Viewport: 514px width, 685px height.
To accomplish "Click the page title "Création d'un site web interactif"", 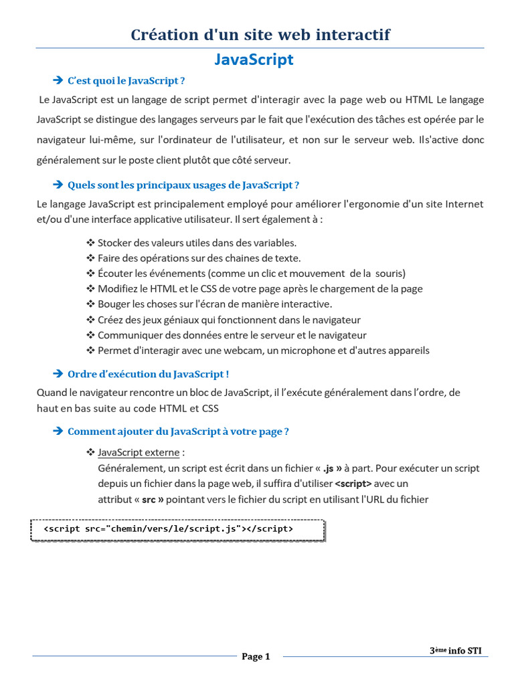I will click(260, 34).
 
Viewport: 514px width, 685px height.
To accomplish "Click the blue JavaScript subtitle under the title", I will click(254, 60).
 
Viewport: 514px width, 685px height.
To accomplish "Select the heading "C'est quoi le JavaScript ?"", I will click(126, 81).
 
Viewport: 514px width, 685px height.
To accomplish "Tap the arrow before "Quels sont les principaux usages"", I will click(57, 185).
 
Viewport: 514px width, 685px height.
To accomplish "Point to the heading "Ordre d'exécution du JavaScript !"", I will click(149, 374).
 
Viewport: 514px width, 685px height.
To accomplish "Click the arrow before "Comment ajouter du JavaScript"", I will click(57, 431).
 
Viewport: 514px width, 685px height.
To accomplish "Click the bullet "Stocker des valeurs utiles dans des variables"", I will click(197, 243).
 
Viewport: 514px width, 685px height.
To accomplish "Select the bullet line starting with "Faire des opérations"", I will click(199, 258).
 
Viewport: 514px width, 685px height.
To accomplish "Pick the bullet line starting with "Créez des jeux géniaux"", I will click(229, 320).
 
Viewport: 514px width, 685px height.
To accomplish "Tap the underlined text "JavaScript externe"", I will click(139, 453).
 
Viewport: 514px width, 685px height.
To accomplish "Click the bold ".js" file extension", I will click(328, 468).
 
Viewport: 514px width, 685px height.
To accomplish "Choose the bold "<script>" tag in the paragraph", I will click(353, 484).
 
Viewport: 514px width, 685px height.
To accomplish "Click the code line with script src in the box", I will click(168, 528).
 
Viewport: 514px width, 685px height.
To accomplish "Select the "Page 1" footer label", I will click(256, 656).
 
